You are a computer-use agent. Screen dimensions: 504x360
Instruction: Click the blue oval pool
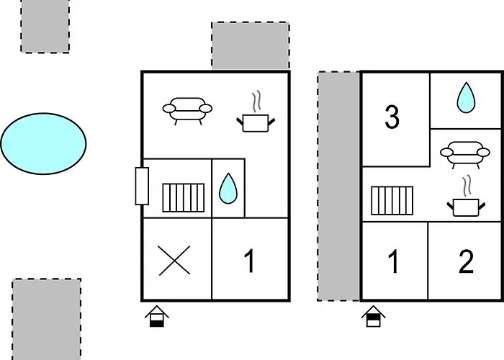44,144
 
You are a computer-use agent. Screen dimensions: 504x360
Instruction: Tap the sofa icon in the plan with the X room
187,111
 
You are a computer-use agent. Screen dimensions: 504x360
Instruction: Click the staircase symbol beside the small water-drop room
183,198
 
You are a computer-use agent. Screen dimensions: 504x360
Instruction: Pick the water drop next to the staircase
228,189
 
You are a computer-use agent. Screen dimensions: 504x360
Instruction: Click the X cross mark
174,261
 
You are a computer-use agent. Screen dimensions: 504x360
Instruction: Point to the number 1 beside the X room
250,261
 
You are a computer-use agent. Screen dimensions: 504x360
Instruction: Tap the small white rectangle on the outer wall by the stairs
142,186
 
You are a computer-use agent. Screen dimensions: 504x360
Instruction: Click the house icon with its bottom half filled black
157,316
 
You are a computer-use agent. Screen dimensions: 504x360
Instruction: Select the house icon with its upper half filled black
374,316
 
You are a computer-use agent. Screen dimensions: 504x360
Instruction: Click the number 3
392,117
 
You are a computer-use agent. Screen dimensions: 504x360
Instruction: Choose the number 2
466,261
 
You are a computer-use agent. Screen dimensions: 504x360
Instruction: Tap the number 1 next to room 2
394,261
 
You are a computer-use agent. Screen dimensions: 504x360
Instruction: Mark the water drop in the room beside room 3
466,98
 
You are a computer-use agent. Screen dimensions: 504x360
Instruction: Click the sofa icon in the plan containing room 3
465,155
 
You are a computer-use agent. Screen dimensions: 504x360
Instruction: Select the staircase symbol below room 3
392,201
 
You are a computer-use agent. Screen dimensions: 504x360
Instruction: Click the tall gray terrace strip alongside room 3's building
338,186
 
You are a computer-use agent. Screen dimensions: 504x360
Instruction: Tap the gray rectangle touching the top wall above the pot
251,45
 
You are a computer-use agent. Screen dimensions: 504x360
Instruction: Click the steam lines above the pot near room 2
466,186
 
